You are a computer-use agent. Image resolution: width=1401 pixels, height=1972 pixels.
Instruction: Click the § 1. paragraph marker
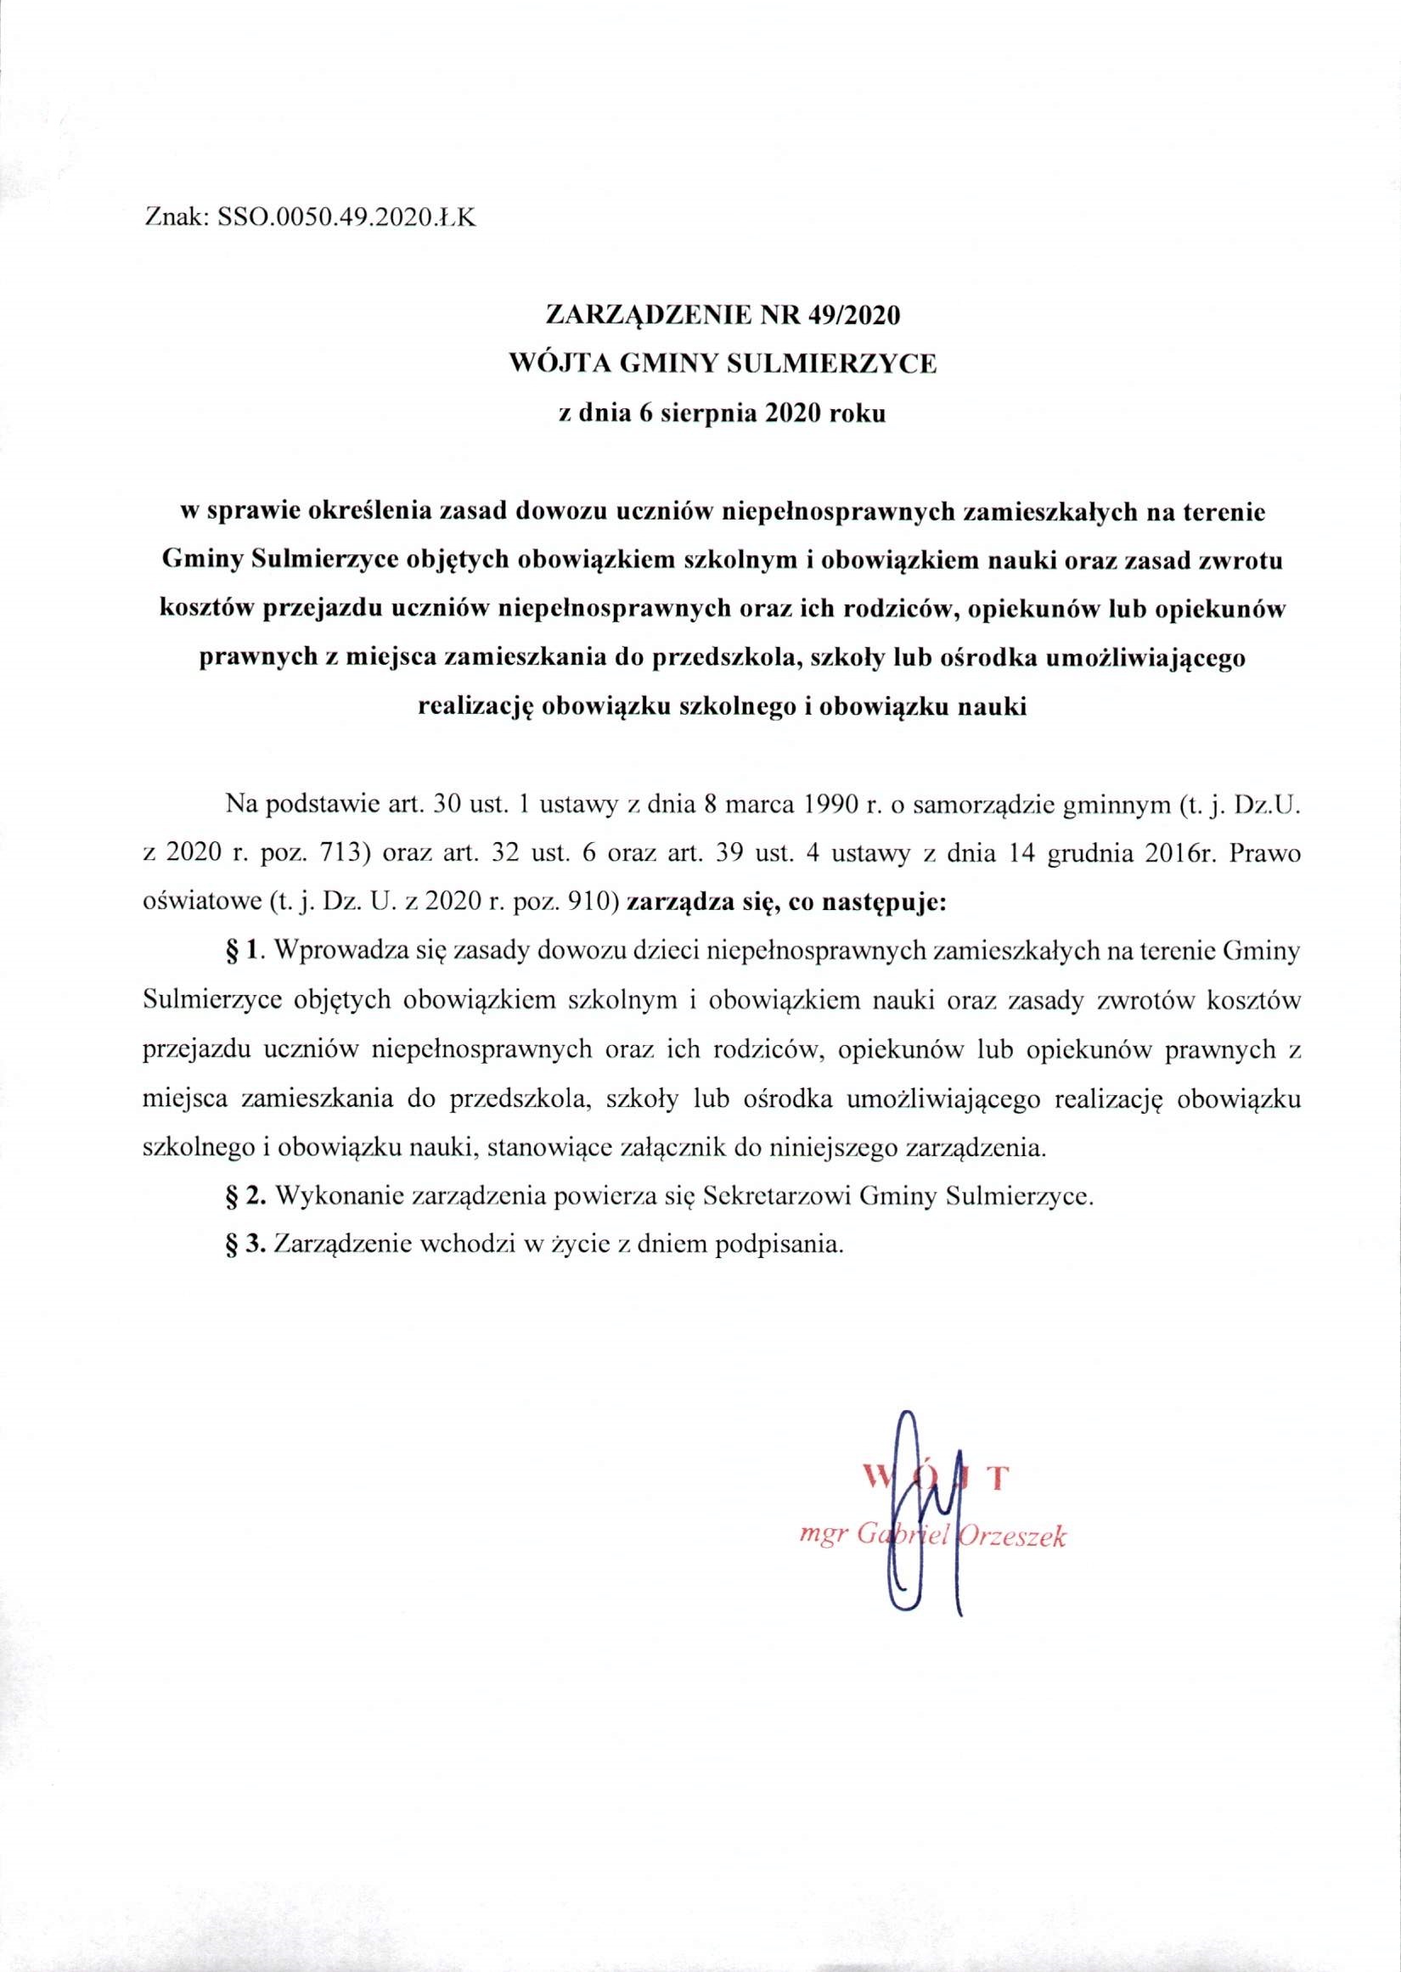coord(242,952)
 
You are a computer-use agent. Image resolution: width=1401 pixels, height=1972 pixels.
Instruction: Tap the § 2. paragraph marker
coord(242,1197)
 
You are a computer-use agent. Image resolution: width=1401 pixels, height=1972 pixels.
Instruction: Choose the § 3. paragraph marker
coord(242,1246)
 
